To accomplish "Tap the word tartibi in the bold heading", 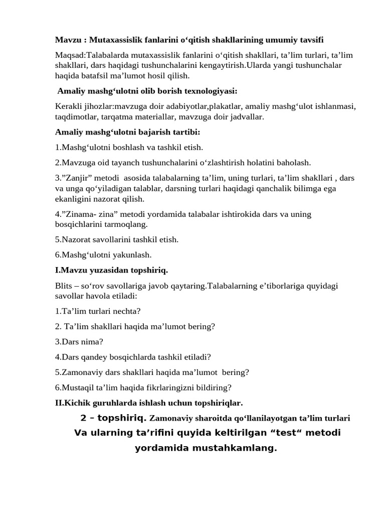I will [x=186, y=132].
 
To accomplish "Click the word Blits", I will [x=63, y=286].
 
